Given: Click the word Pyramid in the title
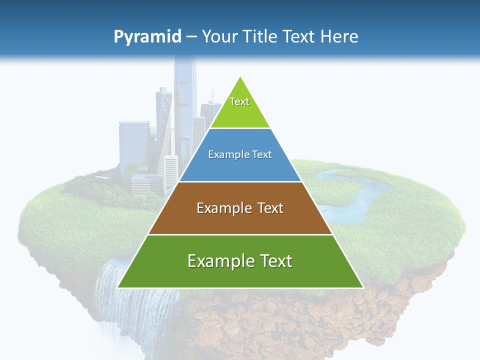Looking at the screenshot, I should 147,37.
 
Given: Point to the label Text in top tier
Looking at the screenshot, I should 239,101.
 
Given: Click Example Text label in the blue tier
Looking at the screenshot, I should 240,154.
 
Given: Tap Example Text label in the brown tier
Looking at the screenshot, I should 240,208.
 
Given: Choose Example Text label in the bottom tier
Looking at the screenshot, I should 240,261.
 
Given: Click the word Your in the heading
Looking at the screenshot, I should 219,37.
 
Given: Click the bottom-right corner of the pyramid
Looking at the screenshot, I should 363,287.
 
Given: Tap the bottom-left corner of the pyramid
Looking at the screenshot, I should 117,287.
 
